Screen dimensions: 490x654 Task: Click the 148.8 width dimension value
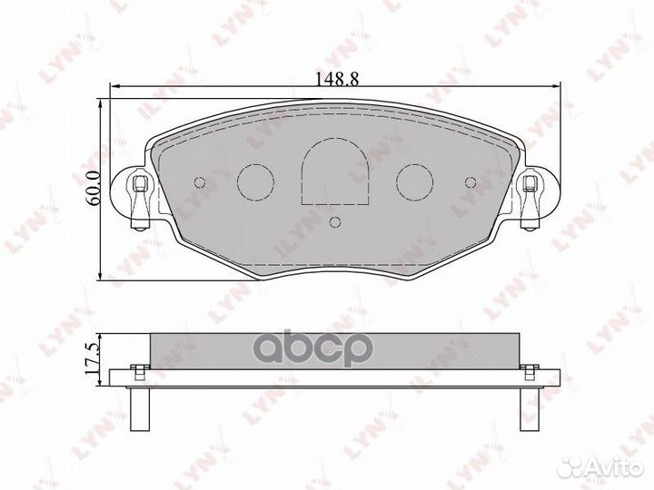tap(335, 78)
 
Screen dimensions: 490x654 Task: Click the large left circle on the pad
tap(255, 181)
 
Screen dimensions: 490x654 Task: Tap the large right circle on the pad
tap(416, 181)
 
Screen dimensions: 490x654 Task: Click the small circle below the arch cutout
tap(335, 222)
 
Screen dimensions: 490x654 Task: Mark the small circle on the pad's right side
tap(471, 181)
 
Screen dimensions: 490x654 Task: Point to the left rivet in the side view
tap(138, 369)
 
